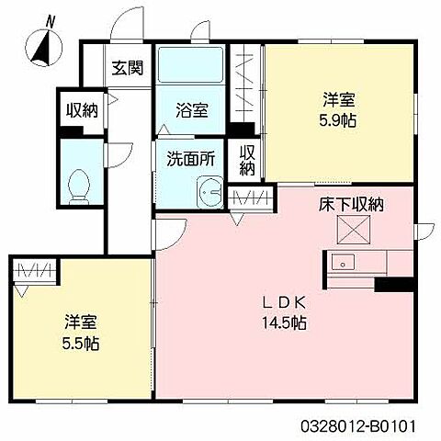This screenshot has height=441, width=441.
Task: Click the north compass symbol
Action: click(x=44, y=46)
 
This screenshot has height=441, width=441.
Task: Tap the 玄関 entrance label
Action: click(x=128, y=68)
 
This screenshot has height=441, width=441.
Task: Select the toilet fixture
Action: click(x=79, y=187)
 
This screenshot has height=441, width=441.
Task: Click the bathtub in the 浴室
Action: click(x=190, y=64)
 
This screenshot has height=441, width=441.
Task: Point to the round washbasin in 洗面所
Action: click(x=209, y=192)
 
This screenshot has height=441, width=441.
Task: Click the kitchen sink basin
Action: click(x=344, y=262)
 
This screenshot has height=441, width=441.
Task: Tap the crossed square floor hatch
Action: click(x=353, y=230)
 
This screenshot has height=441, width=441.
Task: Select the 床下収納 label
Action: click(x=351, y=205)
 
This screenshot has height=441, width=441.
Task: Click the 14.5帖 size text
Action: click(x=284, y=322)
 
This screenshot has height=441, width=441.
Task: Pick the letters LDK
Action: click(x=284, y=303)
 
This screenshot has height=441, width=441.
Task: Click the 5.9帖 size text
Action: click(x=338, y=120)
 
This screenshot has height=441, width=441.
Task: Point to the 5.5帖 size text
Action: click(x=81, y=344)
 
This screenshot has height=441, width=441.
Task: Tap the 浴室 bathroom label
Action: click(x=192, y=110)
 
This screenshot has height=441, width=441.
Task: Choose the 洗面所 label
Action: click(x=191, y=159)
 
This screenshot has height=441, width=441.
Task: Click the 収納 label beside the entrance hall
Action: click(x=82, y=110)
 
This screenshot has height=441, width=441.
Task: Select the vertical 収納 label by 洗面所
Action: click(x=247, y=160)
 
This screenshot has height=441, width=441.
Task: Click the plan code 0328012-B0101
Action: click(x=358, y=425)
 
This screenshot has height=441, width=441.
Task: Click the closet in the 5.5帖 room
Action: click(x=34, y=271)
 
